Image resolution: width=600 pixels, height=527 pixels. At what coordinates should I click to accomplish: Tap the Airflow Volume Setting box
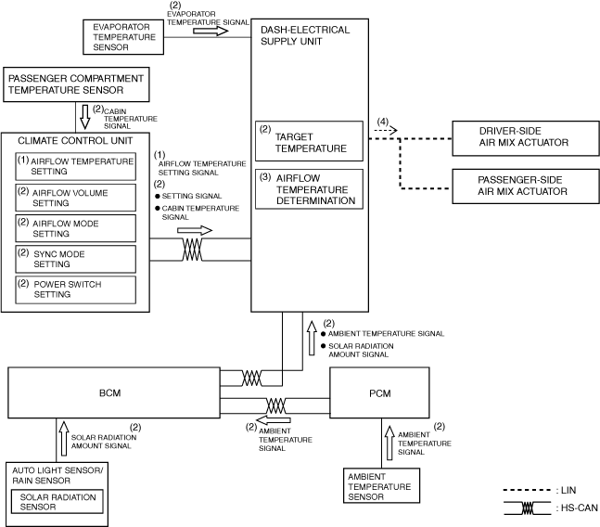[75, 197]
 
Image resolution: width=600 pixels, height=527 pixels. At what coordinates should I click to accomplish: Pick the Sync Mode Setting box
[75, 258]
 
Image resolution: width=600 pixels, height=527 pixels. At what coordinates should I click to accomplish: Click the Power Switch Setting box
[75, 289]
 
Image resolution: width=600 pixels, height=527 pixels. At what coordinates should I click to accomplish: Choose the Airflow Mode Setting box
[75, 227]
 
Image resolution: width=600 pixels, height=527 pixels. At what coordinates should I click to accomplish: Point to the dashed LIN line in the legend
[522, 490]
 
